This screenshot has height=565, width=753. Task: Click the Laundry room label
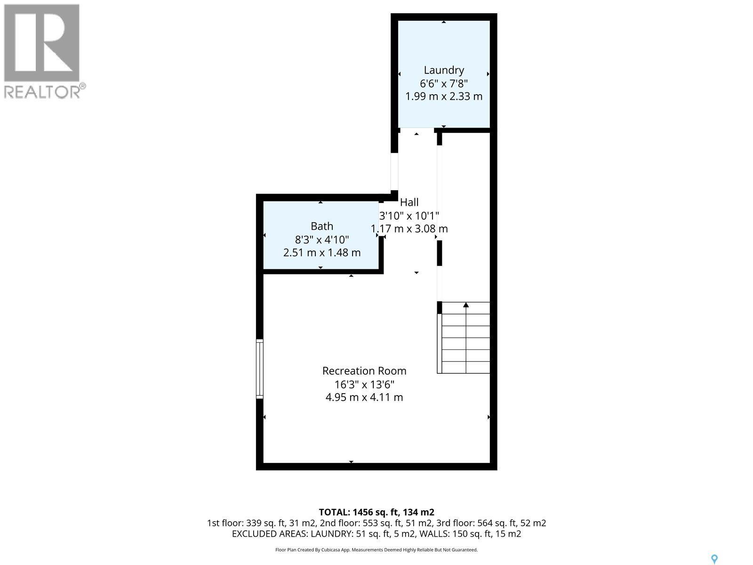click(444, 70)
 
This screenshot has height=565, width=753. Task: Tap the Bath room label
click(322, 226)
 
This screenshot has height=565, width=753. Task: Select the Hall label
click(409, 202)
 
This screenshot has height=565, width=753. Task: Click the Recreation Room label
click(364, 371)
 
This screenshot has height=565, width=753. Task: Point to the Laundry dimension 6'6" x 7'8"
click(444, 83)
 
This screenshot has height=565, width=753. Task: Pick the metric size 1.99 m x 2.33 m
click(444, 97)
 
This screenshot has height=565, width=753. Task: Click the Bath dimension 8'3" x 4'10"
click(322, 239)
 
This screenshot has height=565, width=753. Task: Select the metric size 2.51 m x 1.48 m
click(322, 253)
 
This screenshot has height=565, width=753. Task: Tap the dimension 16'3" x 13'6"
click(364, 384)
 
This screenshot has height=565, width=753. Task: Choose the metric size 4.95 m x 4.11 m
click(364, 397)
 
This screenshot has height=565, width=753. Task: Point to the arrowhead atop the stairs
click(466, 305)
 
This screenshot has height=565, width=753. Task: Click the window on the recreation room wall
click(259, 369)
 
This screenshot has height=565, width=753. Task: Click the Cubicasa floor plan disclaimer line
click(376, 550)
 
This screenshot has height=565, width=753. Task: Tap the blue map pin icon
click(714, 559)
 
